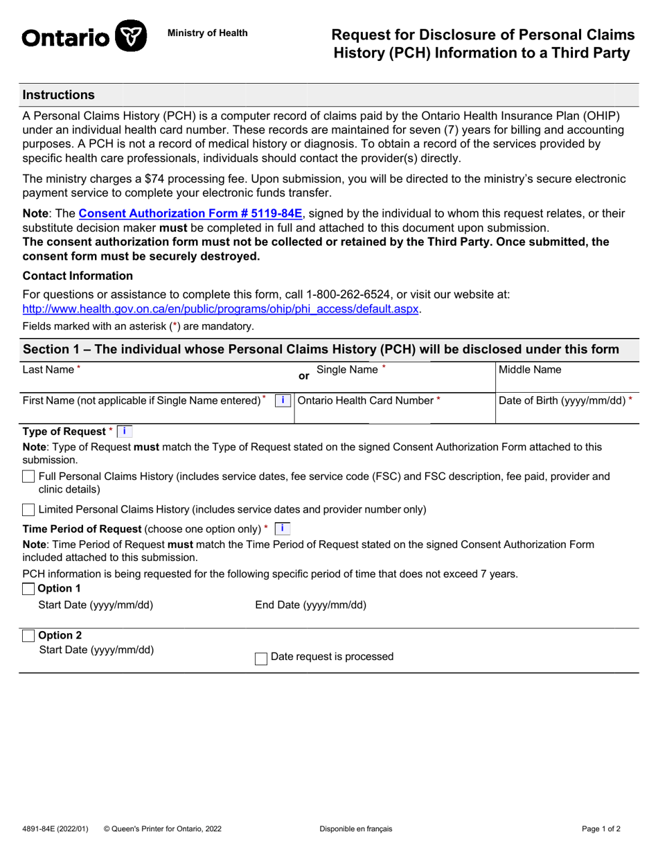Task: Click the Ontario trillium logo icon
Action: tap(130, 35)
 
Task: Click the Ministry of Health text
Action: tap(207, 33)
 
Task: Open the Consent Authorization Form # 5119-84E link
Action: tap(190, 214)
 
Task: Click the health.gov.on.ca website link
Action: tap(221, 309)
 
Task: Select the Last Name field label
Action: tap(48, 370)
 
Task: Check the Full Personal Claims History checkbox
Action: tap(28, 477)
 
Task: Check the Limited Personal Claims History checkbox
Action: tap(28, 510)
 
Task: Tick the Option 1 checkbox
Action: tap(28, 589)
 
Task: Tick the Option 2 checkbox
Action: tap(28, 636)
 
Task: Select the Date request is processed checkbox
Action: tap(261, 657)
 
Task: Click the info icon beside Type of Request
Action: tap(124, 432)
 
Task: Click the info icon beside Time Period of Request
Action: tap(282, 529)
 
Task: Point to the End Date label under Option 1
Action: tap(311, 605)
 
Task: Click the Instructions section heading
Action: tap(59, 95)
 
